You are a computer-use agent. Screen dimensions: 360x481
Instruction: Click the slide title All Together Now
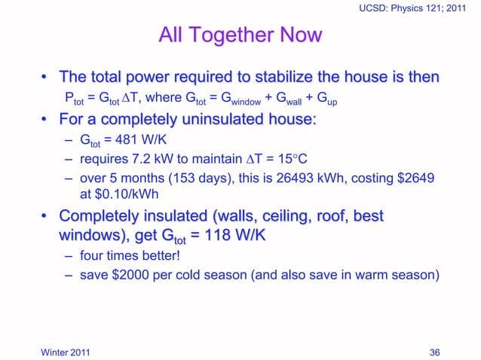point(240,35)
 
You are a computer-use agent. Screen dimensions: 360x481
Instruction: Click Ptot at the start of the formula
point(73,99)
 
